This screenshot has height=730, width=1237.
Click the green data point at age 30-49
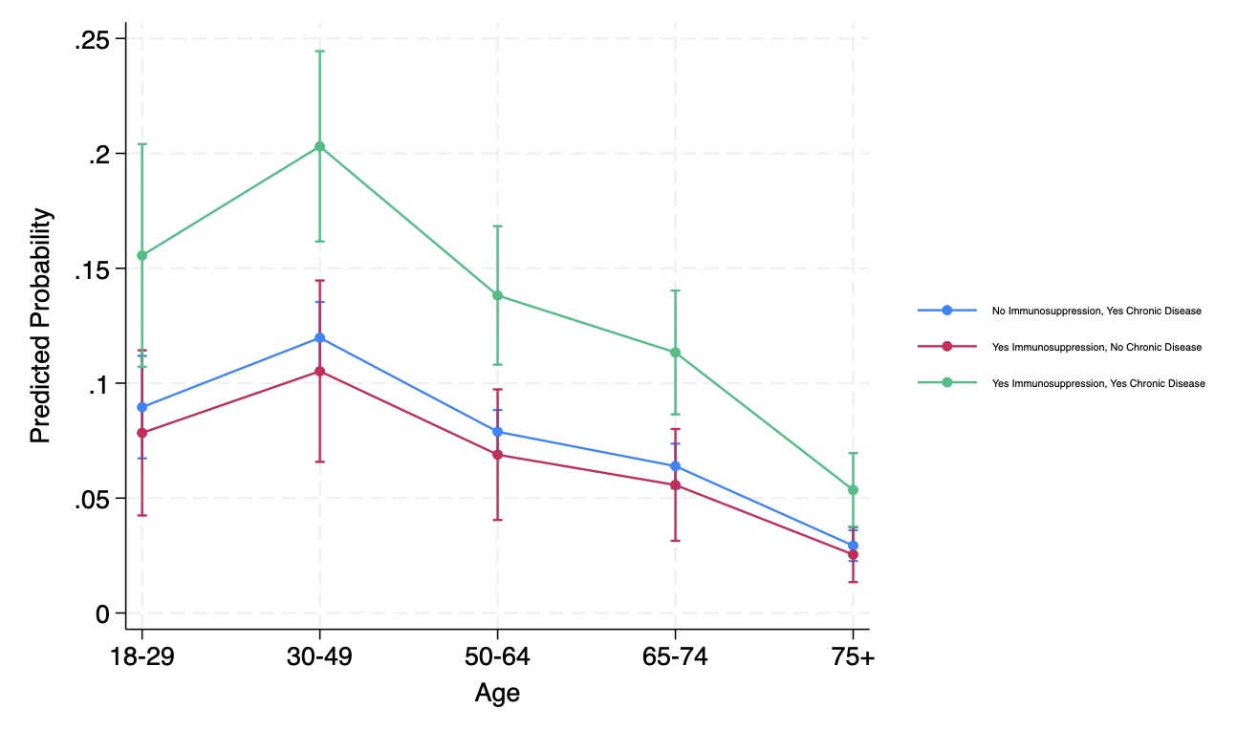319,146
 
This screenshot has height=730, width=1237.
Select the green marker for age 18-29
142,255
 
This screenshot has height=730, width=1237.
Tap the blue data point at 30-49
319,337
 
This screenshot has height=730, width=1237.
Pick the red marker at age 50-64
497,455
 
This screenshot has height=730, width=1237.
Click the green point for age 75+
853,490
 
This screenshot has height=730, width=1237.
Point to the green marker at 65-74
675,353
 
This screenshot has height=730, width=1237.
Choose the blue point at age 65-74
675,466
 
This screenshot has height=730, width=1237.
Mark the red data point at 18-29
142,433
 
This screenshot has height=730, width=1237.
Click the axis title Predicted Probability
40,326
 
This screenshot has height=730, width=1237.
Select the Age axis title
497,693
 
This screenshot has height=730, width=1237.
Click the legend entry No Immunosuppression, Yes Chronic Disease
1096,311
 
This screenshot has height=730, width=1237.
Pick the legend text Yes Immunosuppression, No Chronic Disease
1096,347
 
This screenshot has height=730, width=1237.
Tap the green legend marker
947,382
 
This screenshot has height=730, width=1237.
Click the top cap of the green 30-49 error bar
319,51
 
